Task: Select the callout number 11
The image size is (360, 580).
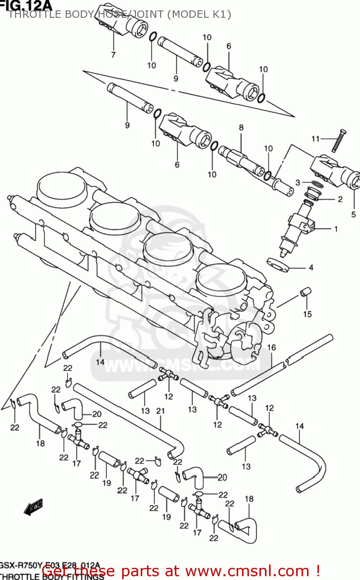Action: click(316, 138)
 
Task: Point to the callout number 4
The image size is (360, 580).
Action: click(311, 268)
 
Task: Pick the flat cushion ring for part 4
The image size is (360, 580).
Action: click(278, 264)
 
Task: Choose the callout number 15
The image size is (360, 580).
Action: click(307, 314)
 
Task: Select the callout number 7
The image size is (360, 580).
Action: click(113, 55)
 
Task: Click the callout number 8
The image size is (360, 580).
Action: click(241, 127)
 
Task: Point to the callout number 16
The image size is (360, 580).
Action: click(272, 347)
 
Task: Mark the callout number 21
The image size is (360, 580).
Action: click(160, 411)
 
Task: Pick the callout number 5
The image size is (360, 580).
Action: click(353, 214)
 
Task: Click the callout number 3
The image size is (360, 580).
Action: click(298, 182)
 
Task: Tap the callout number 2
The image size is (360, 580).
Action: click(340, 199)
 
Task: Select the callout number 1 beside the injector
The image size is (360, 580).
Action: click(336, 229)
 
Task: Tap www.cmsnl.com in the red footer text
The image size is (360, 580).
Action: click(247, 571)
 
